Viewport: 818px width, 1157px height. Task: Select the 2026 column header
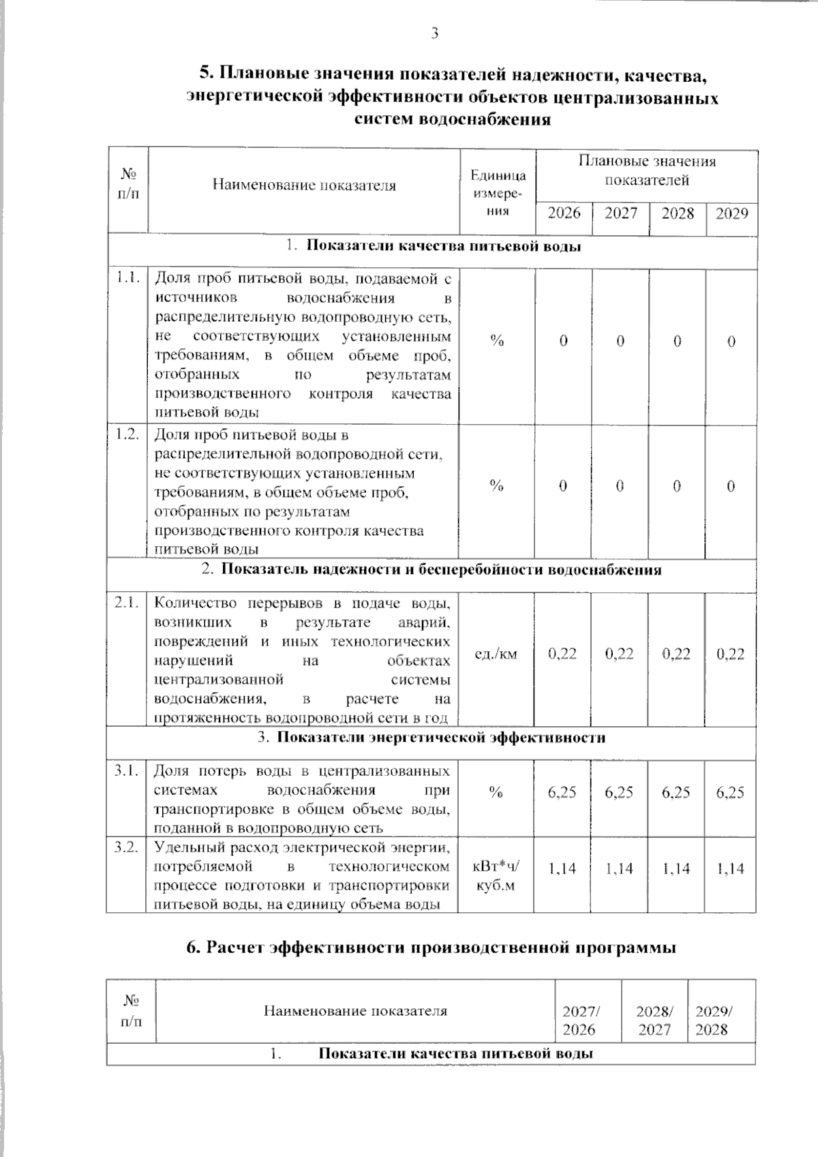[564, 214]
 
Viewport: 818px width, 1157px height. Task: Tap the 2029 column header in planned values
[731, 214]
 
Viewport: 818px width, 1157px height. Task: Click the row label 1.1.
[127, 277]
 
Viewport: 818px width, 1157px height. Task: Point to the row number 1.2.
[127, 434]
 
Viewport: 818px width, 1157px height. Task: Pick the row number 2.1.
[127, 602]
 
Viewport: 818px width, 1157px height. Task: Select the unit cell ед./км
[496, 655]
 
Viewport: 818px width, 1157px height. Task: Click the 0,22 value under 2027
[620, 654]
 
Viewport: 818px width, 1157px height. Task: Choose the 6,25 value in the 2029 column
[731, 792]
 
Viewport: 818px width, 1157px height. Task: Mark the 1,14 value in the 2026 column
[562, 869]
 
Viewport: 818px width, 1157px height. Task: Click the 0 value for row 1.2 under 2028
[676, 486]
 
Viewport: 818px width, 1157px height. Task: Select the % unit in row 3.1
[496, 792]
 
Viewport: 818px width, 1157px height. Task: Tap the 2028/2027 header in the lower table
[654, 1021]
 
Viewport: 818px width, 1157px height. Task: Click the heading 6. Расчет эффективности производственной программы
[431, 948]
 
